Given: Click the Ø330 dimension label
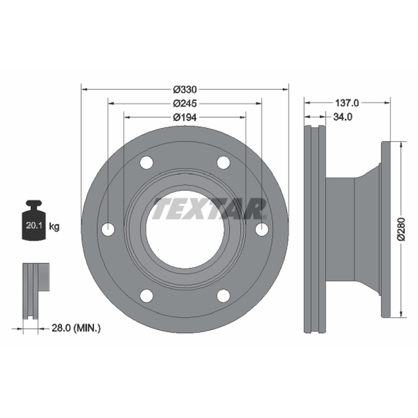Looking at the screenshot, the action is [185, 89].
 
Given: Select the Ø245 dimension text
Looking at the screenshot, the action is [185, 103].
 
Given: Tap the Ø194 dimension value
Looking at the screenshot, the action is [185, 117].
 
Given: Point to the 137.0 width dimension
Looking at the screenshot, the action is [347, 102].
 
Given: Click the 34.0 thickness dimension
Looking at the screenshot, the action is [343, 117].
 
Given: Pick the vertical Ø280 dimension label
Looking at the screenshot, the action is [401, 229].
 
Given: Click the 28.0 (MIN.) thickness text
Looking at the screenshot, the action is [76, 328].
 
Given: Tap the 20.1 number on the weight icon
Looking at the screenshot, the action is [34, 226].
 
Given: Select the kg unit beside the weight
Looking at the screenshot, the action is [54, 227].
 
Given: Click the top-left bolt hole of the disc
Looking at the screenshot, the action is [146, 162].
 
